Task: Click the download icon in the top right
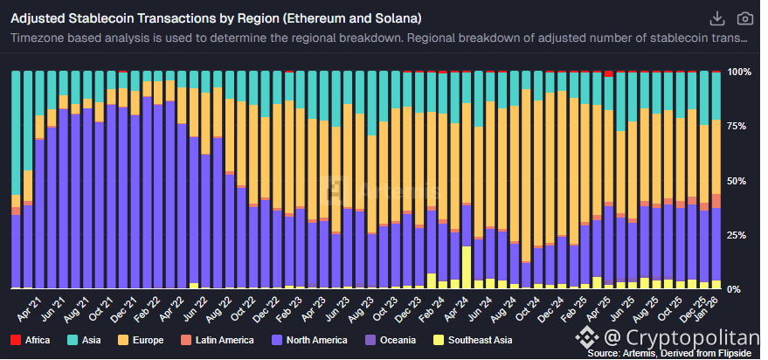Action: tap(717, 18)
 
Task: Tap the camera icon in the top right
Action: tap(744, 18)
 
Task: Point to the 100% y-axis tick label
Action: tap(741, 72)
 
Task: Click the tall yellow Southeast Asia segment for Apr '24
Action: tap(467, 267)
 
